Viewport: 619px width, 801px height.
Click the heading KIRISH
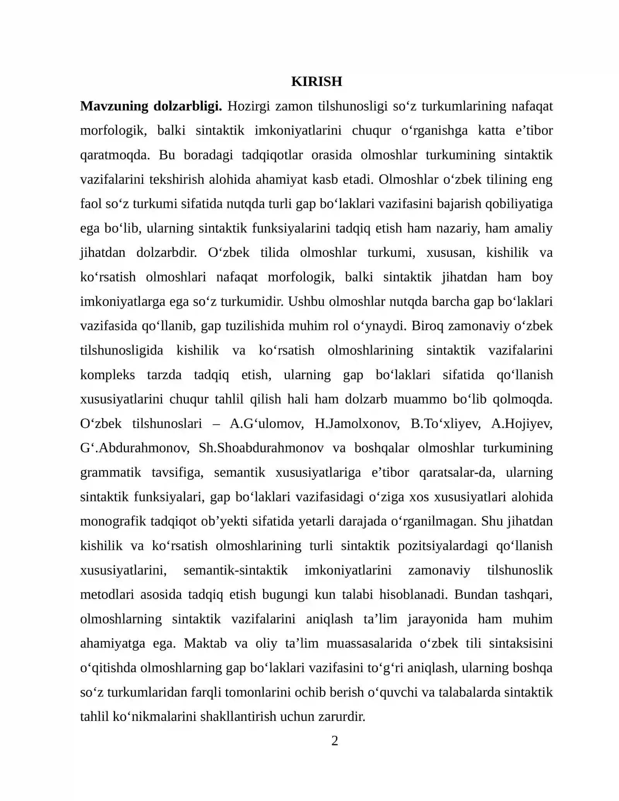(x=316, y=82)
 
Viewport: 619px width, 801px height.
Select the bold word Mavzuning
(x=114, y=106)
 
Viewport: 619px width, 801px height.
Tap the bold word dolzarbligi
(x=188, y=106)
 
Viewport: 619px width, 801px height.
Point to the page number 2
(x=335, y=741)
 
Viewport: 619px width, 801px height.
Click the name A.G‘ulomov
(x=267, y=423)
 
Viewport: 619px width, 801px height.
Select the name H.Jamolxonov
(x=357, y=423)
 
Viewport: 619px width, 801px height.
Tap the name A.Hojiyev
(x=522, y=423)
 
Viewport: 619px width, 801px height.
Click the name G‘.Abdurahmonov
(x=135, y=448)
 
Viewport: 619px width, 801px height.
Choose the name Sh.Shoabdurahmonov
(x=261, y=448)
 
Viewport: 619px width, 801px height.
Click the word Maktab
(x=205, y=643)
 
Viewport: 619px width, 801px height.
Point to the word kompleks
(x=108, y=375)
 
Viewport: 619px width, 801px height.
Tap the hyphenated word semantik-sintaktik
(x=235, y=570)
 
